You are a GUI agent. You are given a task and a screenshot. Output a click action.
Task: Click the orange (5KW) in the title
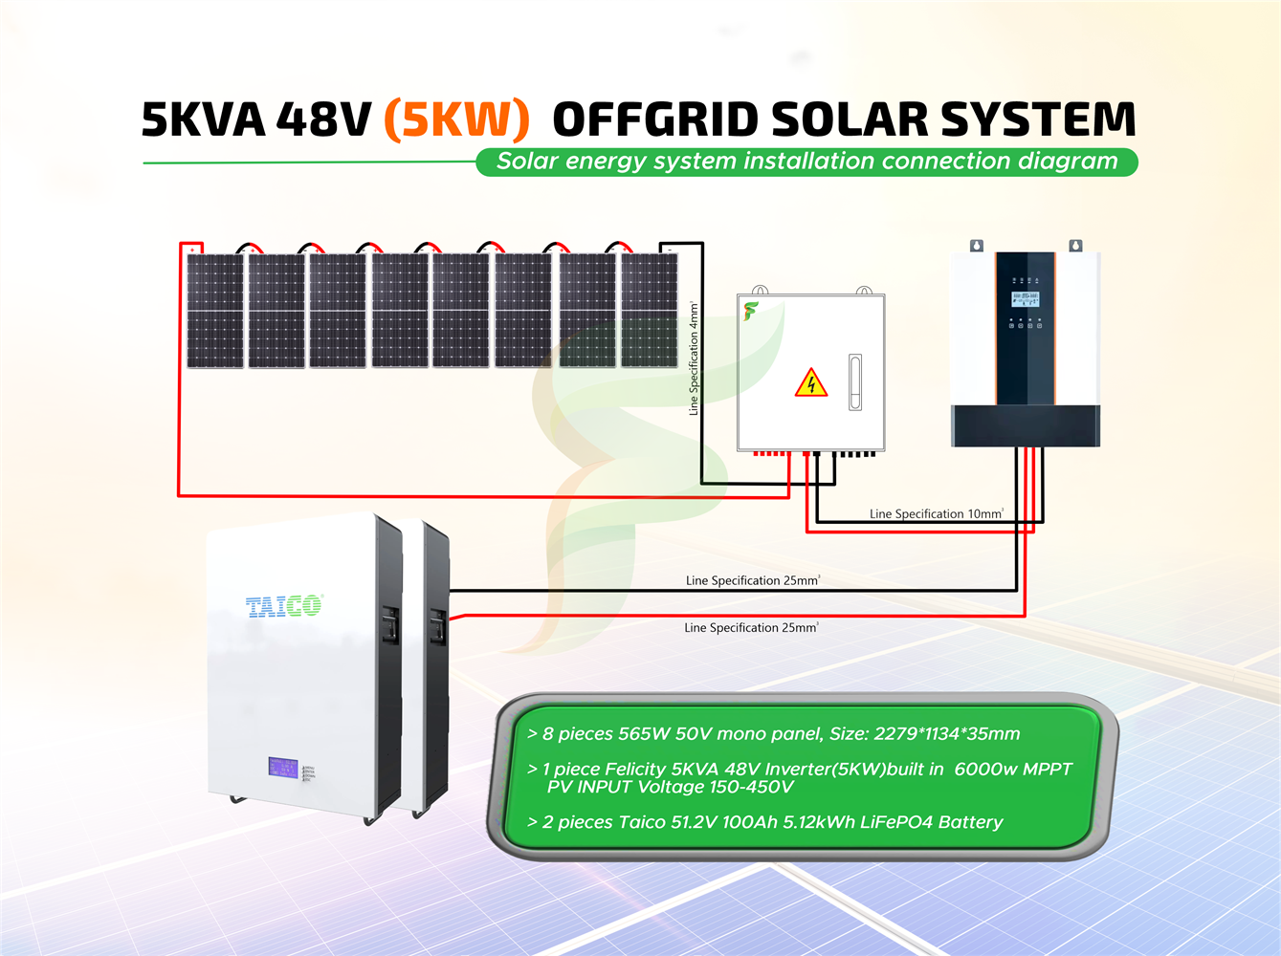point(456,119)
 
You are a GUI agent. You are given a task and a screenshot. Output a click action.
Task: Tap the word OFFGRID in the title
point(655,119)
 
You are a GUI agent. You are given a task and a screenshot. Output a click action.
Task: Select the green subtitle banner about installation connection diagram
point(806,162)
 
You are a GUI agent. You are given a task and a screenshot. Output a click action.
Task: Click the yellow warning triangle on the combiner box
point(811,383)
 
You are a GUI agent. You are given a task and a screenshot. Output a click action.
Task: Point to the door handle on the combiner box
point(855,381)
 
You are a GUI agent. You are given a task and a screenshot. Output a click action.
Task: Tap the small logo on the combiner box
point(751,311)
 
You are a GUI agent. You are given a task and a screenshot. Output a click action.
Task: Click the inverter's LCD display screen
point(1026,299)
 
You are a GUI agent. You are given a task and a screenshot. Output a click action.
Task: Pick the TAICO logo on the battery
point(284,605)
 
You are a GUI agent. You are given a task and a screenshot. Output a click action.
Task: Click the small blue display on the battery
point(283,768)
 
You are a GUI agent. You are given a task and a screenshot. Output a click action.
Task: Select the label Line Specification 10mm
point(936,513)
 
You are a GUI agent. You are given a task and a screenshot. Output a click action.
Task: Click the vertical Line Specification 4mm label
point(694,358)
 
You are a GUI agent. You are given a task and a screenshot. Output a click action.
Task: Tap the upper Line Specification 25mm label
point(752,580)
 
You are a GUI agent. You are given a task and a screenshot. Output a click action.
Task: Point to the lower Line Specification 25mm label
point(751,628)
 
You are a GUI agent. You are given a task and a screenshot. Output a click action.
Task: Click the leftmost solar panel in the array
point(215,310)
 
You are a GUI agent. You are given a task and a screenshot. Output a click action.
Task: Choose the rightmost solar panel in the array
point(650,310)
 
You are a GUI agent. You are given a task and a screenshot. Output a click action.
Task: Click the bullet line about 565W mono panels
point(773,734)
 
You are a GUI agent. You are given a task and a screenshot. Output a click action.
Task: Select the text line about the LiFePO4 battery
point(765,822)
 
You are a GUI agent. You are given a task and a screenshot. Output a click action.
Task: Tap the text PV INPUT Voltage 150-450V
point(670,788)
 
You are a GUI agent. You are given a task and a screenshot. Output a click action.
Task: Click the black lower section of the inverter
point(1026,425)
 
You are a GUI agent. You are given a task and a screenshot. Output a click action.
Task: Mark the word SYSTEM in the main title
point(1038,119)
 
